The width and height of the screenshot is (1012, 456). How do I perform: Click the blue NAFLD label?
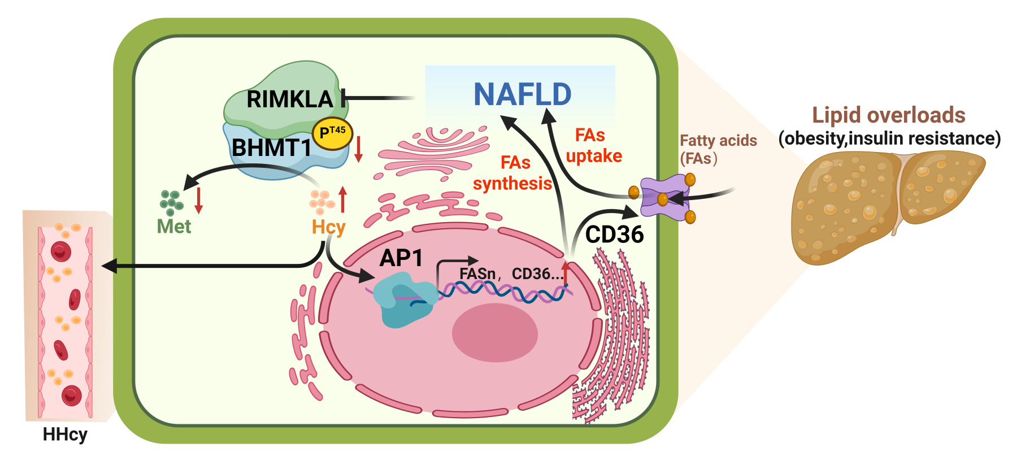point(522,94)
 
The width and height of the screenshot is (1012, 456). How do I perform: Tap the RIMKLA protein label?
point(290,99)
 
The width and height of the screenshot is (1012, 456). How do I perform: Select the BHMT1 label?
point(272,148)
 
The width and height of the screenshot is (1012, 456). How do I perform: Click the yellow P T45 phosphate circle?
point(332,134)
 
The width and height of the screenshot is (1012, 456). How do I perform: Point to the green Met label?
point(174,227)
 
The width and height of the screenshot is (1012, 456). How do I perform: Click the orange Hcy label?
point(328,227)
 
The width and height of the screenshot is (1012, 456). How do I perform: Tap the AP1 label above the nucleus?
point(401,258)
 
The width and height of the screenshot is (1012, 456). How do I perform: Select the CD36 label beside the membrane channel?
point(614,234)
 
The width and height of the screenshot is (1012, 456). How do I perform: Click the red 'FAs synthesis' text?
point(513,173)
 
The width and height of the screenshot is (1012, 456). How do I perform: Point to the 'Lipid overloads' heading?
point(888,115)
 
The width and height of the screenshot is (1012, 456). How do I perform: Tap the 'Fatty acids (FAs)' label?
point(718,149)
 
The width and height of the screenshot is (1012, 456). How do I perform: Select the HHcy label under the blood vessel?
point(66,435)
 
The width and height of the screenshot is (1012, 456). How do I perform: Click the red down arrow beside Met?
point(198,201)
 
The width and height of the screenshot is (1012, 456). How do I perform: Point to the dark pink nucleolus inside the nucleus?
point(494,332)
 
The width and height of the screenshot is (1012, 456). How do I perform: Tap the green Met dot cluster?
point(171,201)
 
